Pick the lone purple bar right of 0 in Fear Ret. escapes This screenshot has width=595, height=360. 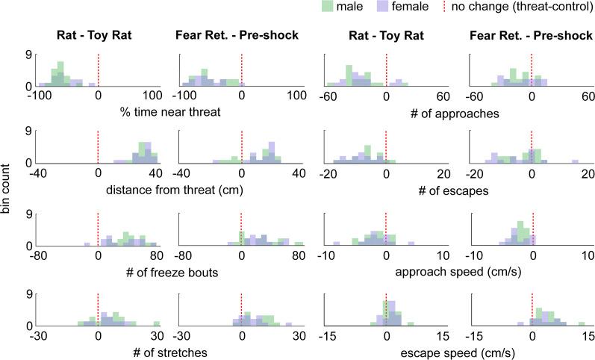click(x=575, y=161)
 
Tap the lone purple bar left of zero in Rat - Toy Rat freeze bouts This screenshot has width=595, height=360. click(x=87, y=243)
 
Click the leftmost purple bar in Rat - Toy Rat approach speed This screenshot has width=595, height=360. click(x=337, y=243)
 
